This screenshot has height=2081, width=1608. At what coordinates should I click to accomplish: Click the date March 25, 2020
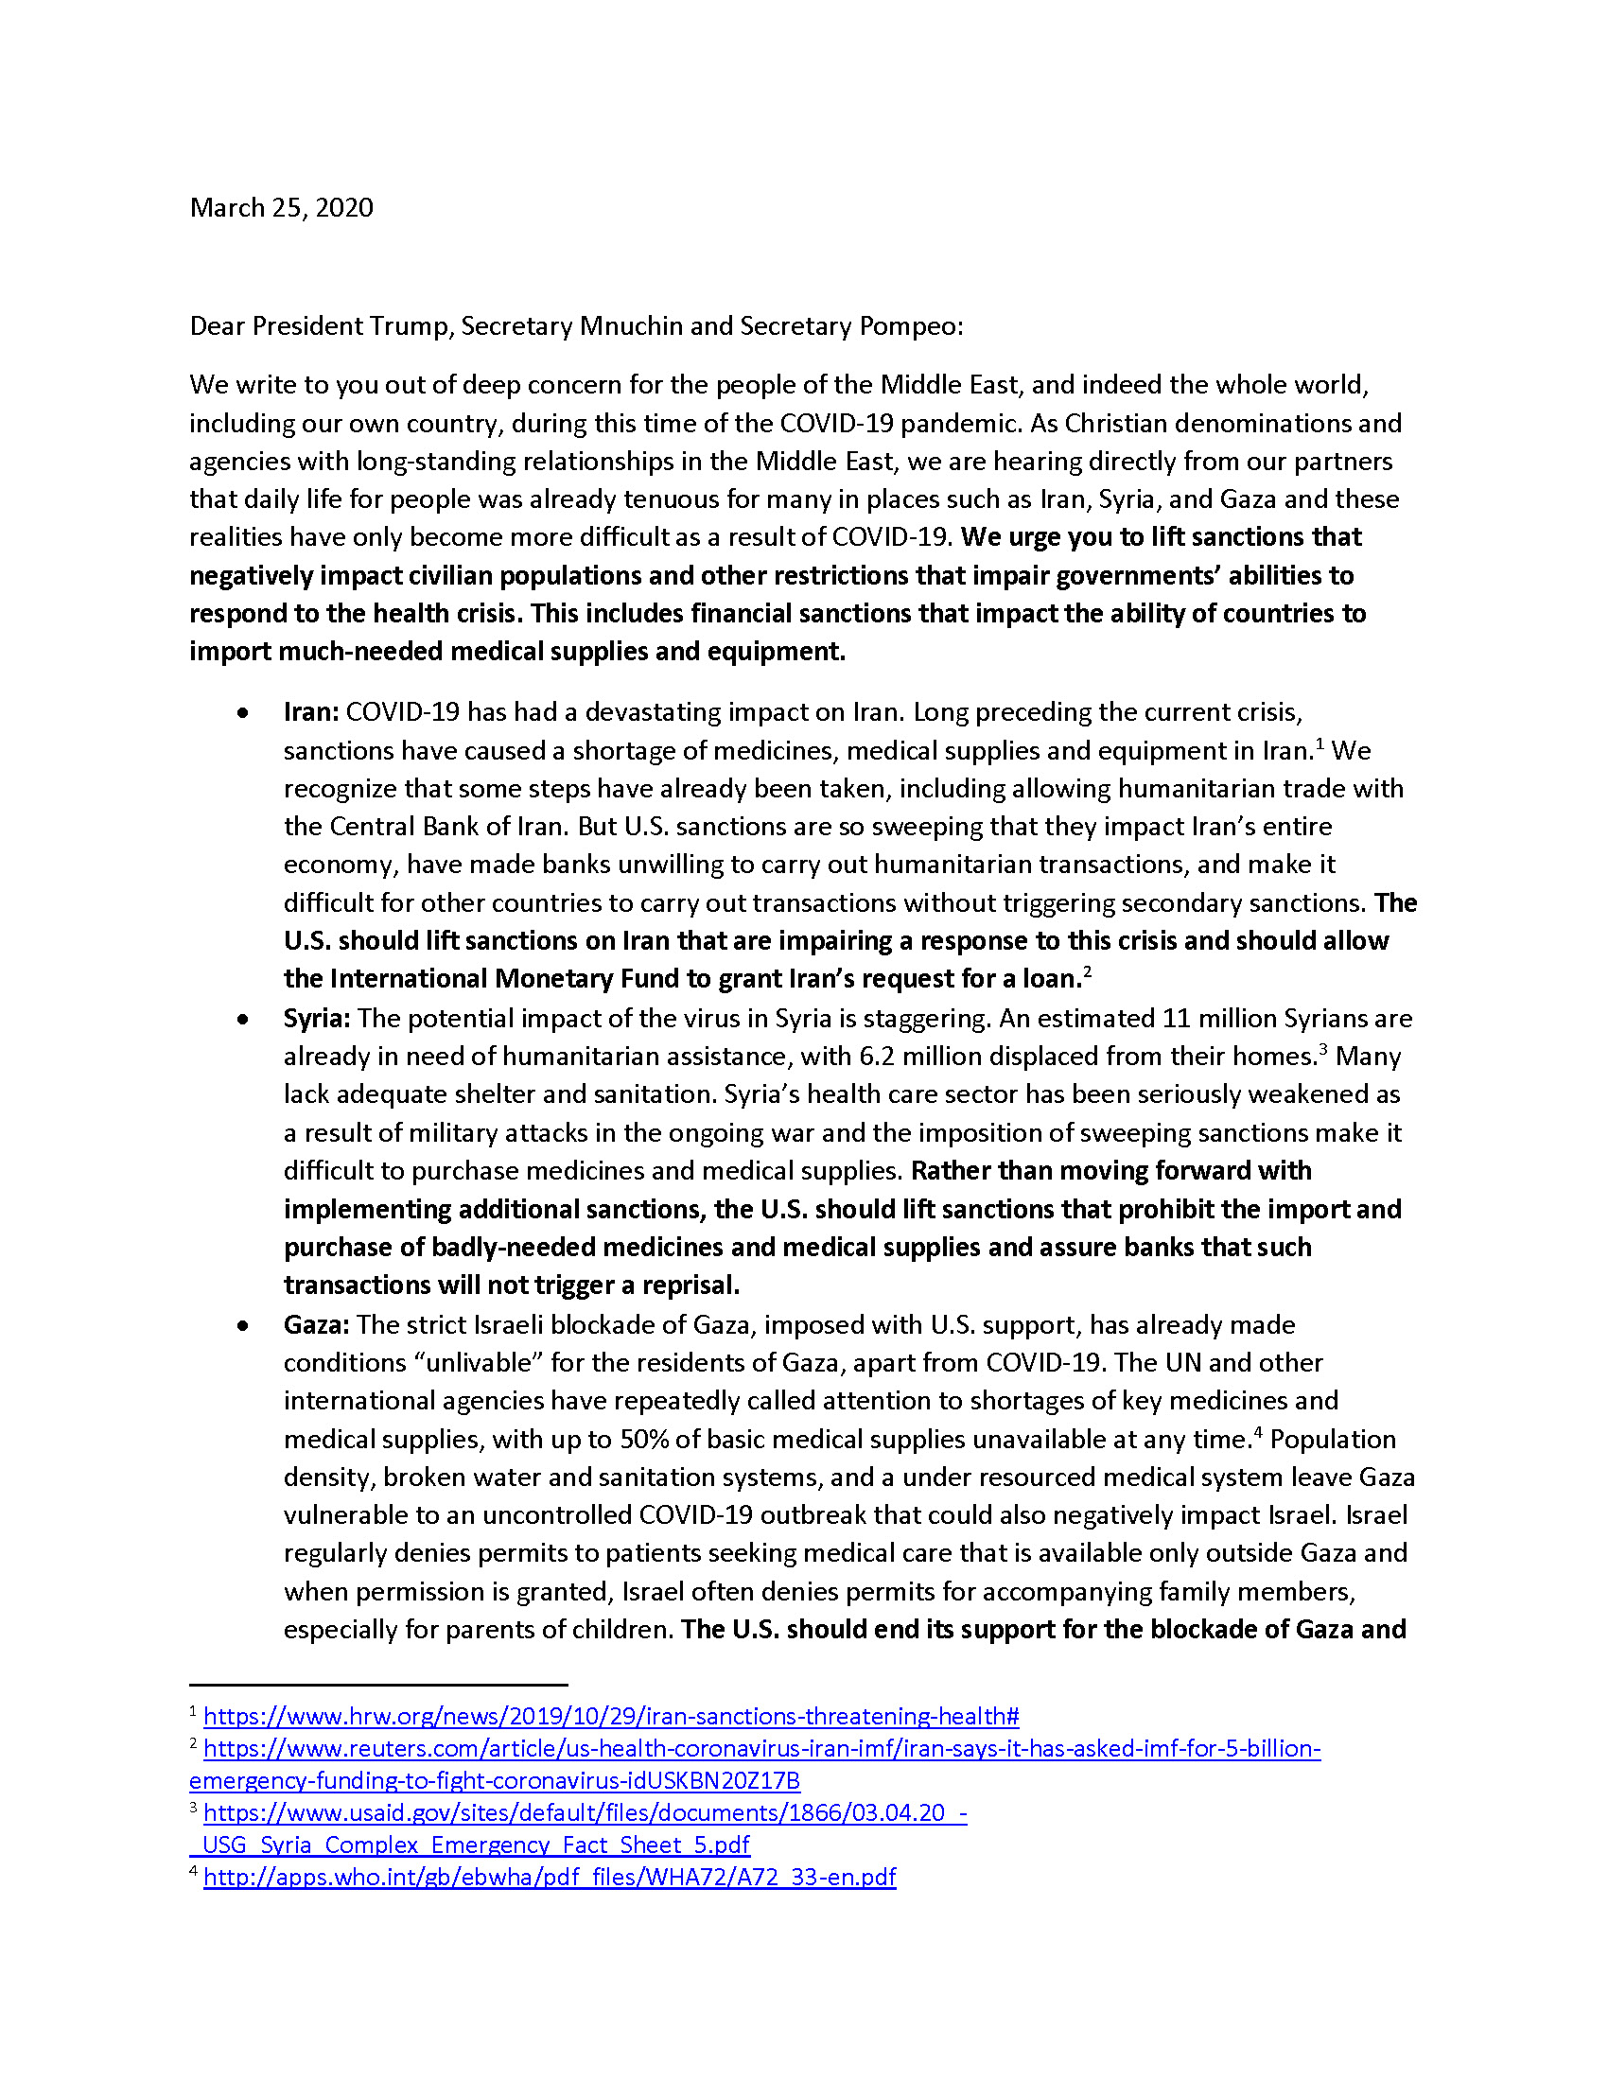[281, 208]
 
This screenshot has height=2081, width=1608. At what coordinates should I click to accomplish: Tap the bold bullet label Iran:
[310, 712]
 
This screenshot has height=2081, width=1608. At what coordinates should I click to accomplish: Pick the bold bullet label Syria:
[316, 1019]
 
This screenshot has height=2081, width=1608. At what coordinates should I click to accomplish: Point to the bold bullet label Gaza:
[316, 1325]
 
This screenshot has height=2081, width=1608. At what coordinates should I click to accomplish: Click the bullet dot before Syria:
[244, 1020]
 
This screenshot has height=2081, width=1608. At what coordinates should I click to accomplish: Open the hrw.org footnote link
[611, 1717]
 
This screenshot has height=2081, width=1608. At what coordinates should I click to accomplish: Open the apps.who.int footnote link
[550, 1877]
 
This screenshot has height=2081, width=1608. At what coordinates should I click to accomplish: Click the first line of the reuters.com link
[762, 1749]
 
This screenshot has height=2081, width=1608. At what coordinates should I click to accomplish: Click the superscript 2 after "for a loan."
[1087, 971]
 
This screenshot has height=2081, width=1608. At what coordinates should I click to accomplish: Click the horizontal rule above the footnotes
[378, 1685]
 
